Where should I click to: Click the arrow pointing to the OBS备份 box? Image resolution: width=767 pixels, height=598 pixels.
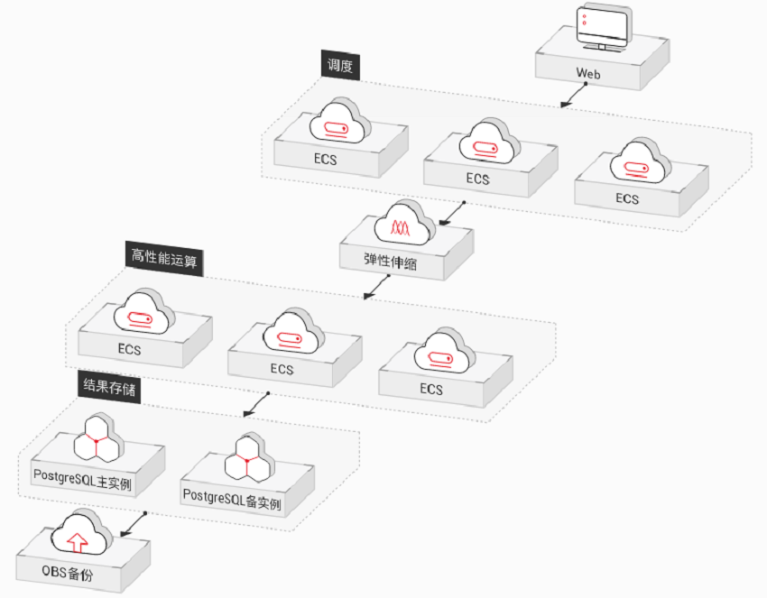(x=135, y=522)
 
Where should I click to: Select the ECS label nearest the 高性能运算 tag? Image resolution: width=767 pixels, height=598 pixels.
(x=129, y=349)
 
